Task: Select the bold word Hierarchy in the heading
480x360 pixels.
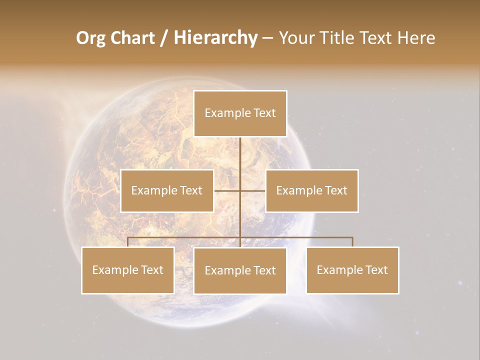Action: point(215,38)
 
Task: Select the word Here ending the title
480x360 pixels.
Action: point(416,38)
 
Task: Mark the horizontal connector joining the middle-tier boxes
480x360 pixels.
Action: point(252,190)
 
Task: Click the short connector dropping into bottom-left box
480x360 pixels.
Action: point(128,242)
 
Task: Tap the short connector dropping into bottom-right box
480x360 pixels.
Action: point(352,242)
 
